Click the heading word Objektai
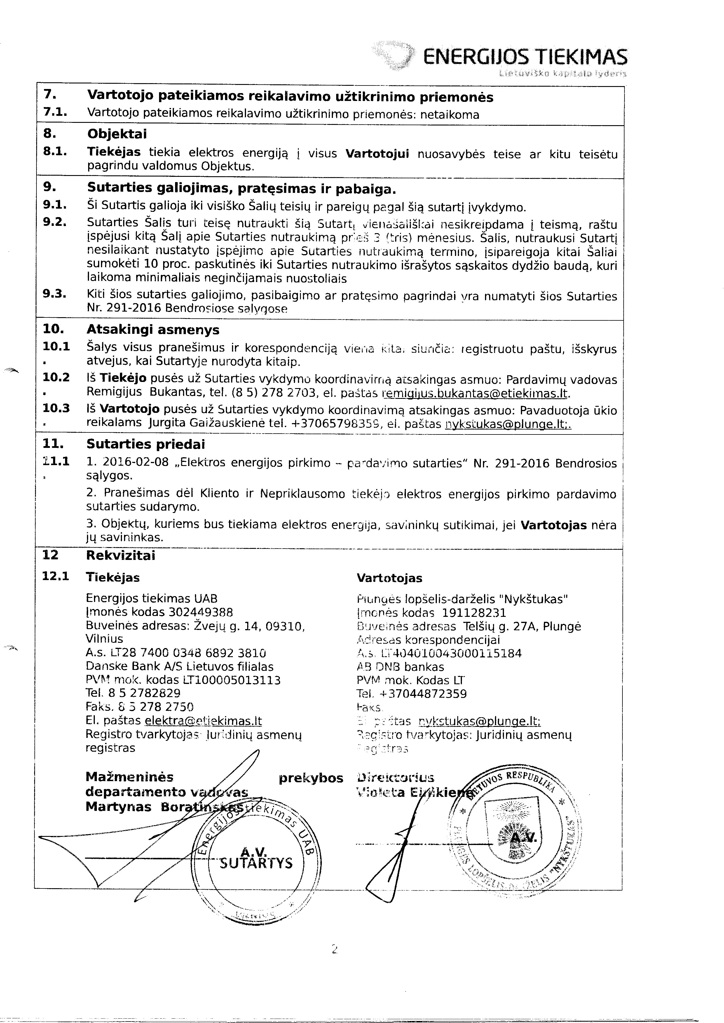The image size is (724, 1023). pyautogui.click(x=117, y=134)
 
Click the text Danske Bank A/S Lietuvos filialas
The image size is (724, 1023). pyautogui.click(x=180, y=667)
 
